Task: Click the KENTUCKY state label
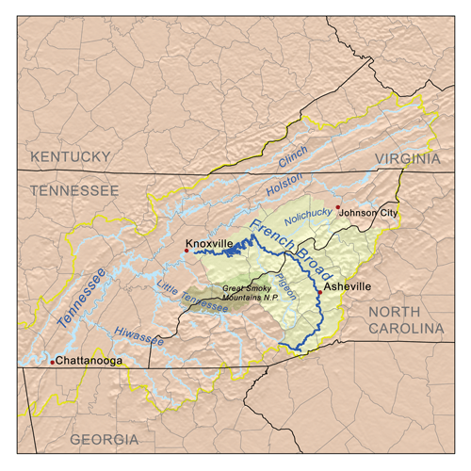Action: pos(71,155)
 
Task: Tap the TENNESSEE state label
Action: pos(74,190)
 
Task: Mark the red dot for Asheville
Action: pos(320,293)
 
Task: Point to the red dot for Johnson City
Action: pos(337,206)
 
